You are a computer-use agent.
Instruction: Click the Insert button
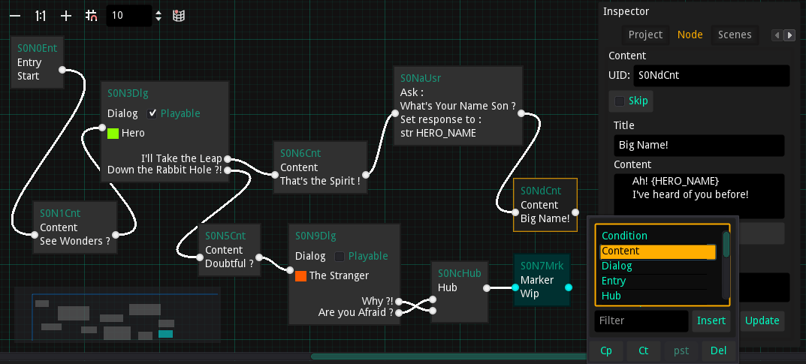711,320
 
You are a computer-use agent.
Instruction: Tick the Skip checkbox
620,101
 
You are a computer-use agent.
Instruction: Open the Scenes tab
735,35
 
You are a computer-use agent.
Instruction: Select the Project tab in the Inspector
645,35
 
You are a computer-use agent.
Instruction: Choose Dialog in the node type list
617,266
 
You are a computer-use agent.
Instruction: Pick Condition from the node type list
624,236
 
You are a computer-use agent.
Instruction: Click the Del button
718,350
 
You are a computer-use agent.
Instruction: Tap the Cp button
606,350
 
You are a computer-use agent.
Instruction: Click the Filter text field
641,320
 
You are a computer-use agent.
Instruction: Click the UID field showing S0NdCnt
711,76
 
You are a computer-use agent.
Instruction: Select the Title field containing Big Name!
699,146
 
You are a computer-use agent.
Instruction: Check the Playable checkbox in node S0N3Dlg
152,113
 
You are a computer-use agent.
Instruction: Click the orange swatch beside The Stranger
300,275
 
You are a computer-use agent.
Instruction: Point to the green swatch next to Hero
113,133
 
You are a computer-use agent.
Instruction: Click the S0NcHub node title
460,273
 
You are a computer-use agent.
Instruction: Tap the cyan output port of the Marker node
568,287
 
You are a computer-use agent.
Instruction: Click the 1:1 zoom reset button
41,16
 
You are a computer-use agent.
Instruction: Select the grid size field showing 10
129,16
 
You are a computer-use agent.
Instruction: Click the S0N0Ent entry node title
37,48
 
